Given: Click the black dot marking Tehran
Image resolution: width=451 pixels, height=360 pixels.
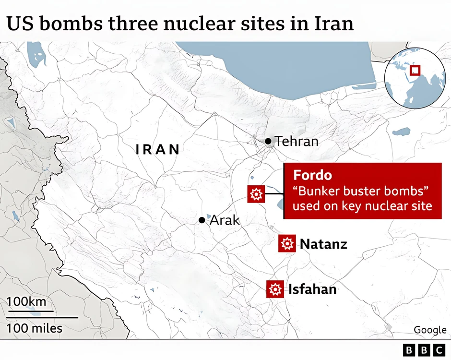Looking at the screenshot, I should point(268,141).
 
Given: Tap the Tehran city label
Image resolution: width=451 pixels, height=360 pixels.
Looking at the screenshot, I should point(297,141).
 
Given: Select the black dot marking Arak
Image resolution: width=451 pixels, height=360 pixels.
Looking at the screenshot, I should point(202,220).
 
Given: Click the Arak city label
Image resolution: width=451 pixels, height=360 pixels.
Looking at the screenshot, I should point(225,220).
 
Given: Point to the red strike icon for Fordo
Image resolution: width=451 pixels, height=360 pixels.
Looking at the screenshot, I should point(256,194).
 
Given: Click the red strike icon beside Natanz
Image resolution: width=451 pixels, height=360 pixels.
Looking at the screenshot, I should point(287,244).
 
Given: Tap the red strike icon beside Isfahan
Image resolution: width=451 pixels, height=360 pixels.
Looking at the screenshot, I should point(275,289).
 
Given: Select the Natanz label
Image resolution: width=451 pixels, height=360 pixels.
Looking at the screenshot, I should point(323,244).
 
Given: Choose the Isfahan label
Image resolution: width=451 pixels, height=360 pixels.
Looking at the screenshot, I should point(312,289).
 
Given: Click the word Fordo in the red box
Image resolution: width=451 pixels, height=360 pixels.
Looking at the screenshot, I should point(312,175).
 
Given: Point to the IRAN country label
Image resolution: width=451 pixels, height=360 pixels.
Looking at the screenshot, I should point(158,150).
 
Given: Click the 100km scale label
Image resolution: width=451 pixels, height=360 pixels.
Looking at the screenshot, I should point(26,301).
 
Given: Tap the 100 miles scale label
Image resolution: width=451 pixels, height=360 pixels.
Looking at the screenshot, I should point(35,329).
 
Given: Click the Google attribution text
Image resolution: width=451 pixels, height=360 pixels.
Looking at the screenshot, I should point(430,330).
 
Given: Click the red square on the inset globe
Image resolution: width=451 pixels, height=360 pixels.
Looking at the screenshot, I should point(415,70).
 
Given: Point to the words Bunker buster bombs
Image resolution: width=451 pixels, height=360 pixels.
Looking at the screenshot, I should point(360,191).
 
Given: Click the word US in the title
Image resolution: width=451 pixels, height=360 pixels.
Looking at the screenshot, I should point(18,23).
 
